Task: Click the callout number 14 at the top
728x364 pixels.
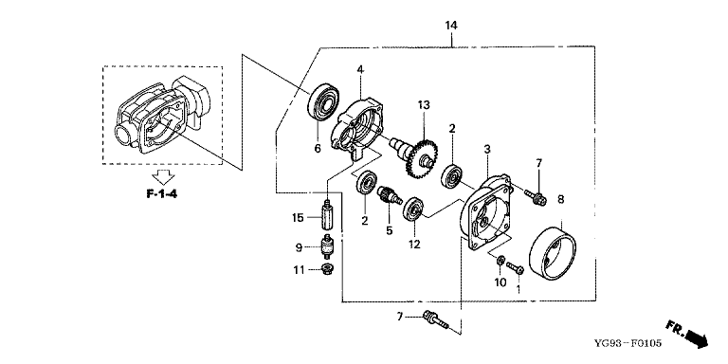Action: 451,26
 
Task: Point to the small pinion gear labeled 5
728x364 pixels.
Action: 389,195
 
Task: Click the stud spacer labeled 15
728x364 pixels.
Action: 327,217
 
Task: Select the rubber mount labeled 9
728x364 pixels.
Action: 328,247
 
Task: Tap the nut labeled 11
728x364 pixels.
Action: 328,268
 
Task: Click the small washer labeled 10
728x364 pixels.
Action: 500,261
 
